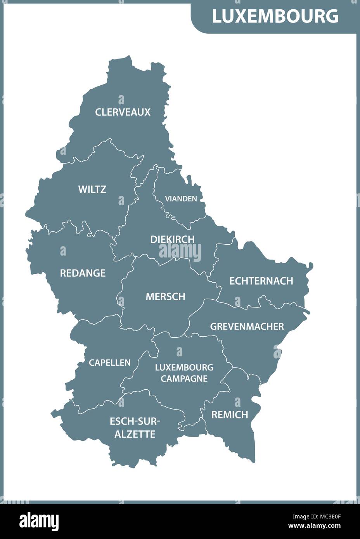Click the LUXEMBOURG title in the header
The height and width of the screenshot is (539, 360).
(275, 16)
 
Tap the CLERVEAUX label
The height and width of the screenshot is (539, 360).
(123, 112)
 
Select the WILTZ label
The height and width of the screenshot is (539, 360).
(92, 189)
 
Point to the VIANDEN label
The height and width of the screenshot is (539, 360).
(181, 199)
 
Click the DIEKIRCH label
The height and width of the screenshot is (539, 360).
(172, 239)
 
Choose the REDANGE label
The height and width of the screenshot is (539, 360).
(83, 273)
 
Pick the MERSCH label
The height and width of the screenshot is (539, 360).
(165, 297)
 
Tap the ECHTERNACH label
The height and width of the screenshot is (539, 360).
(261, 281)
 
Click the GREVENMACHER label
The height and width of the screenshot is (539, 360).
(247, 327)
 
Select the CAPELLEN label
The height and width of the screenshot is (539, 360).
(110, 363)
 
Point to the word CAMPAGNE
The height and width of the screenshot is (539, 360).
(184, 378)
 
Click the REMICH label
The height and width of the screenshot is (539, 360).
(230, 415)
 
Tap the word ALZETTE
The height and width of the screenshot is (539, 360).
(135, 434)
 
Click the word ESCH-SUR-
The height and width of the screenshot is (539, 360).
(135, 421)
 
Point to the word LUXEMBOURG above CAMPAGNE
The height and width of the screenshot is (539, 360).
(184, 367)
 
